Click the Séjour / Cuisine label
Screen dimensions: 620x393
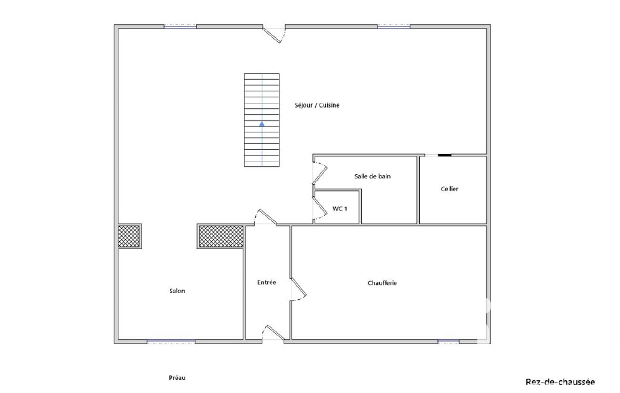tap(317, 105)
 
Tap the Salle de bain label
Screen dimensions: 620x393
tap(373, 177)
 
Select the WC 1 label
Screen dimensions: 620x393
tap(340, 209)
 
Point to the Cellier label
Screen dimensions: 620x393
tap(449, 189)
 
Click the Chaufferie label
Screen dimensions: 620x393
tap(382, 283)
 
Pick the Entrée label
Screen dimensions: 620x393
tap(267, 282)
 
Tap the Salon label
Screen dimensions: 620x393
tap(177, 291)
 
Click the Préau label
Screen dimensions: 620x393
tap(177, 377)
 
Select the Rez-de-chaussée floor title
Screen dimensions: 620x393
tap(560, 382)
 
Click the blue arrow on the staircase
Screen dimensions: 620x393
tap(262, 124)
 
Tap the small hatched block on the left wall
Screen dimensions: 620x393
tap(129, 236)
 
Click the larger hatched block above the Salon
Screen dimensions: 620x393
tap(221, 236)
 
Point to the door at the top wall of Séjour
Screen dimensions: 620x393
tap(275, 34)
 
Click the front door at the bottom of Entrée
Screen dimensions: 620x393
tap(273, 333)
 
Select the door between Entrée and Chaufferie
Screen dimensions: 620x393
tap(299, 289)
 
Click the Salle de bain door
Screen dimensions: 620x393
tap(320, 173)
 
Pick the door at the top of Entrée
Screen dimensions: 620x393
tap(266, 217)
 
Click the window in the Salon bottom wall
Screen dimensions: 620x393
tap(171, 341)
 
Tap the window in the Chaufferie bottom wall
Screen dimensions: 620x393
tap(448, 341)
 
